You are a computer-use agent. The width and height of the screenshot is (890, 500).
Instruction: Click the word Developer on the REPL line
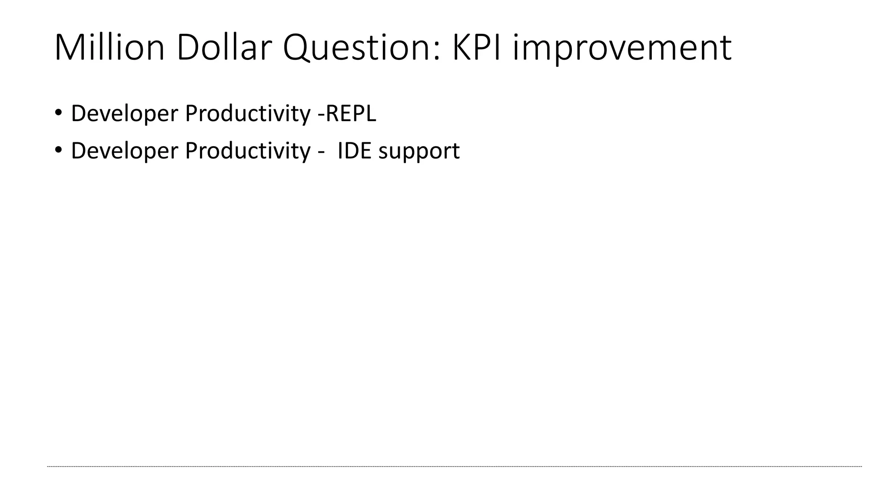tap(125, 114)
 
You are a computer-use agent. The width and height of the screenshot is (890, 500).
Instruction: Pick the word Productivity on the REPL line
tap(248, 114)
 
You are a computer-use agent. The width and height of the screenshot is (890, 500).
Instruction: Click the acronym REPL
tap(351, 114)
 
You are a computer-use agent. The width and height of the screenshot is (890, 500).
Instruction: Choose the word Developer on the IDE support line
tap(125, 151)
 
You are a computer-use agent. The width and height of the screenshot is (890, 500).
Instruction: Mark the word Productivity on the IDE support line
tap(248, 151)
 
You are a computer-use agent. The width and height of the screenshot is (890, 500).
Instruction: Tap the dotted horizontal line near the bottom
tap(454, 467)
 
